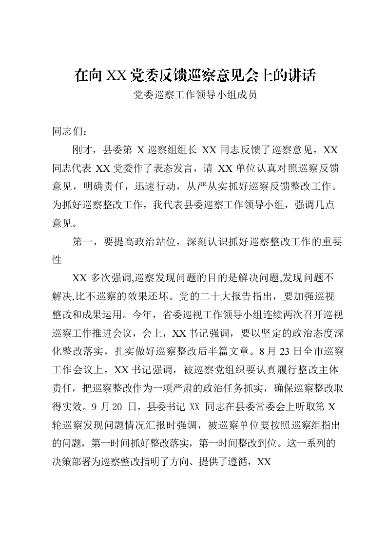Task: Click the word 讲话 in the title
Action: tap(303, 75)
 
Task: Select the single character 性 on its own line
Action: tap(57, 260)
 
